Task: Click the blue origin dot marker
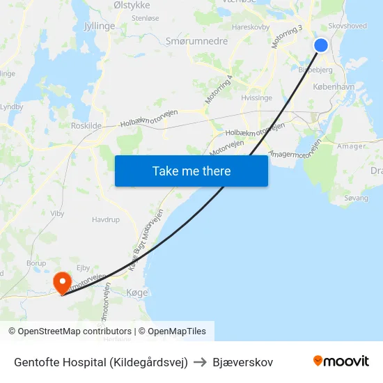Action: tap(321, 45)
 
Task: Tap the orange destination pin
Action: tap(63, 282)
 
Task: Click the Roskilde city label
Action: tap(86, 125)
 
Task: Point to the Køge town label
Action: tap(137, 292)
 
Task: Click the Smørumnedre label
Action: tap(196, 41)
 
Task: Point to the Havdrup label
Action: tap(106, 219)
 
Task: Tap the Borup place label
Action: tap(36, 263)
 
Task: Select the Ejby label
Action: tap(83, 267)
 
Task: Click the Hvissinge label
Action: tap(256, 98)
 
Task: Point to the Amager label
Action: tap(351, 146)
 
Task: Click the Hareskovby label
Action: tap(250, 27)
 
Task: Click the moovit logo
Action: tap(341, 361)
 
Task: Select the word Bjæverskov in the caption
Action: tap(243, 362)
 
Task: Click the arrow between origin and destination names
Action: tap(201, 362)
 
